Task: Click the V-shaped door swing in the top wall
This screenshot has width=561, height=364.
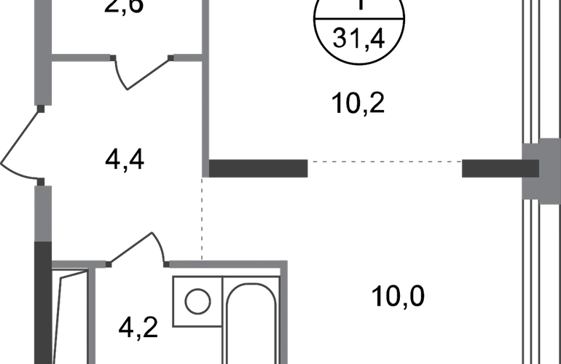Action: point(142,73)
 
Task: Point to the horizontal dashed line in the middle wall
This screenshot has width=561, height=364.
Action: point(386,163)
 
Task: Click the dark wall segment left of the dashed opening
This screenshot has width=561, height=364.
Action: point(258,168)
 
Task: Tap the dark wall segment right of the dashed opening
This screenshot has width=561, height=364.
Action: point(495,169)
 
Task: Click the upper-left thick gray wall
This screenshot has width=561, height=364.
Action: point(42,51)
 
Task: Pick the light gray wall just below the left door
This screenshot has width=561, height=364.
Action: point(42,211)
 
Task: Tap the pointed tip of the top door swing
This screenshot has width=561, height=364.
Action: point(129,90)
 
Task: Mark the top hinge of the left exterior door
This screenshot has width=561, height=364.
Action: point(41,110)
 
